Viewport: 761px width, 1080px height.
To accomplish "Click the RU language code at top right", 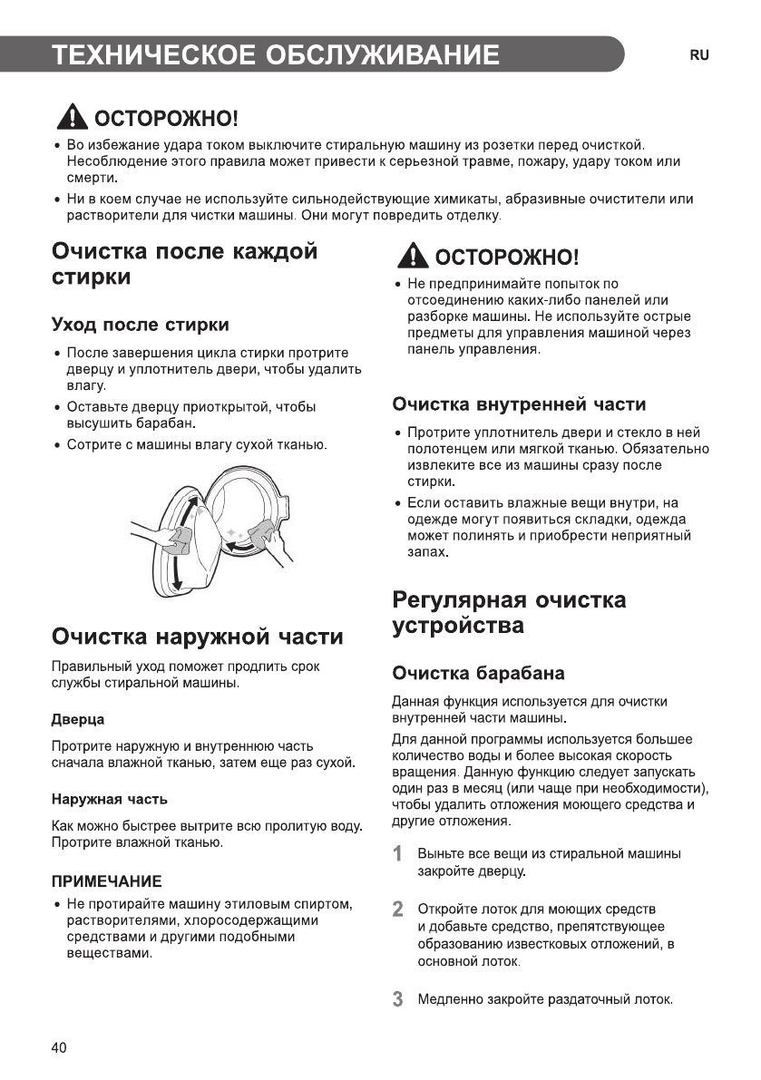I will point(698,55).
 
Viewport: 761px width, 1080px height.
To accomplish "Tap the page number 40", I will point(59,1048).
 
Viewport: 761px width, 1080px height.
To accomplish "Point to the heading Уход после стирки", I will point(140,325).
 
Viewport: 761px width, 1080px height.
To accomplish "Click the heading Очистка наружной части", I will point(198,636).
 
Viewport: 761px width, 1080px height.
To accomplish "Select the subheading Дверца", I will point(77,719).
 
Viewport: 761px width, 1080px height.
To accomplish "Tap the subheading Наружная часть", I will point(109,800).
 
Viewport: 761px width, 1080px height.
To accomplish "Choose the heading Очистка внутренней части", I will point(519,404).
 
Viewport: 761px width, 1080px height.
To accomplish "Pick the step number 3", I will point(397,999).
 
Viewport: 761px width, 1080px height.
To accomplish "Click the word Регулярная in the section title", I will point(457,600).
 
